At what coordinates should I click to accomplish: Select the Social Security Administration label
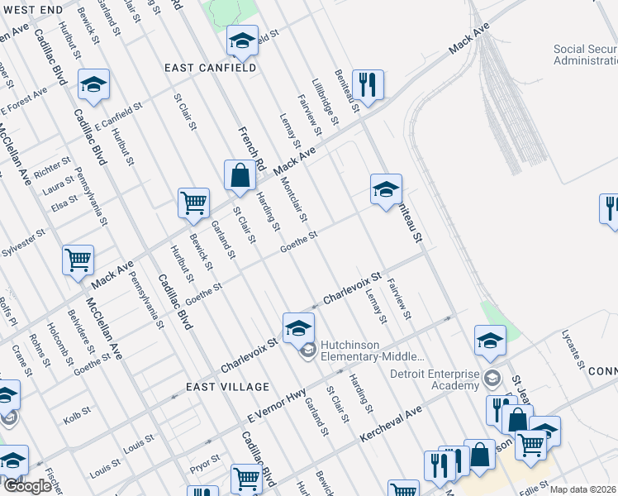584,55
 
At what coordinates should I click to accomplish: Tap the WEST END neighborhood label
26,8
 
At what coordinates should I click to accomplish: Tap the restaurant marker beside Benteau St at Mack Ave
365,84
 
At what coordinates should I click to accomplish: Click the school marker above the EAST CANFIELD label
241,40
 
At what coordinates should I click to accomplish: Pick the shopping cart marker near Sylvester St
78,260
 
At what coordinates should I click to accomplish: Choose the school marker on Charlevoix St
298,328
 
